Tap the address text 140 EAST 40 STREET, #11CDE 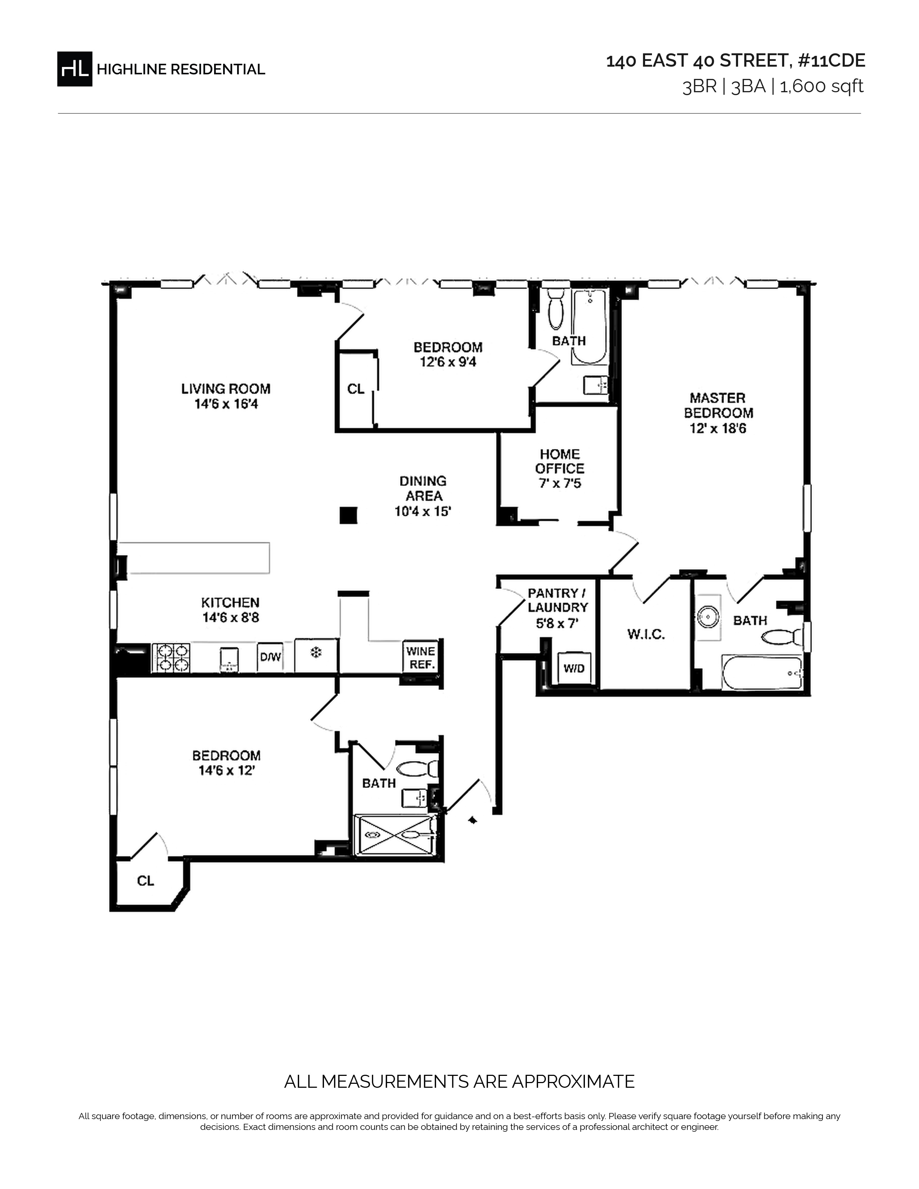(736, 61)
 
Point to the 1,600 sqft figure (822, 86)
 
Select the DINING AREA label (423, 488)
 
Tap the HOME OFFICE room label (560, 461)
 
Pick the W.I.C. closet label (646, 634)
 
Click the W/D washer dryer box (573, 668)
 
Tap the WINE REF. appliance (421, 658)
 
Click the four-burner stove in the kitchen (171, 658)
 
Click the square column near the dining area (348, 515)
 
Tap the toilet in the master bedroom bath (782, 636)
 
